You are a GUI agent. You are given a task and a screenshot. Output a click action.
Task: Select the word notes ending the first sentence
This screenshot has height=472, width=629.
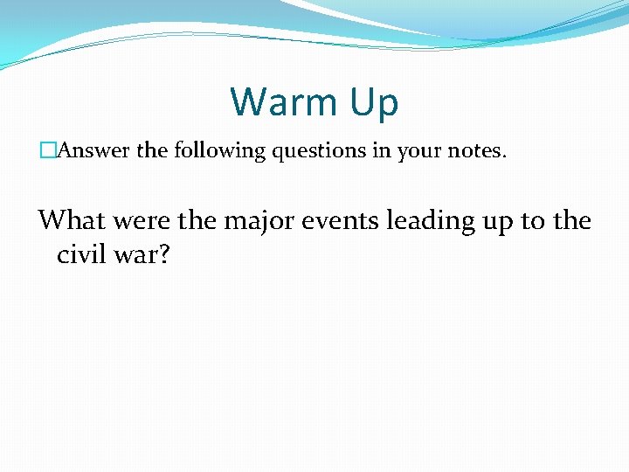tap(473, 151)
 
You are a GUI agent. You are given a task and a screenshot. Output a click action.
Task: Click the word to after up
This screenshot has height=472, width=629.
tap(533, 220)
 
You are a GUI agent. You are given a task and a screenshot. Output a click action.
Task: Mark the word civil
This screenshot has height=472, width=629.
tap(82, 254)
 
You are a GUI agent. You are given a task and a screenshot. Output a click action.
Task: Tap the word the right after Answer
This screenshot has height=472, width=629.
tap(152, 151)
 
